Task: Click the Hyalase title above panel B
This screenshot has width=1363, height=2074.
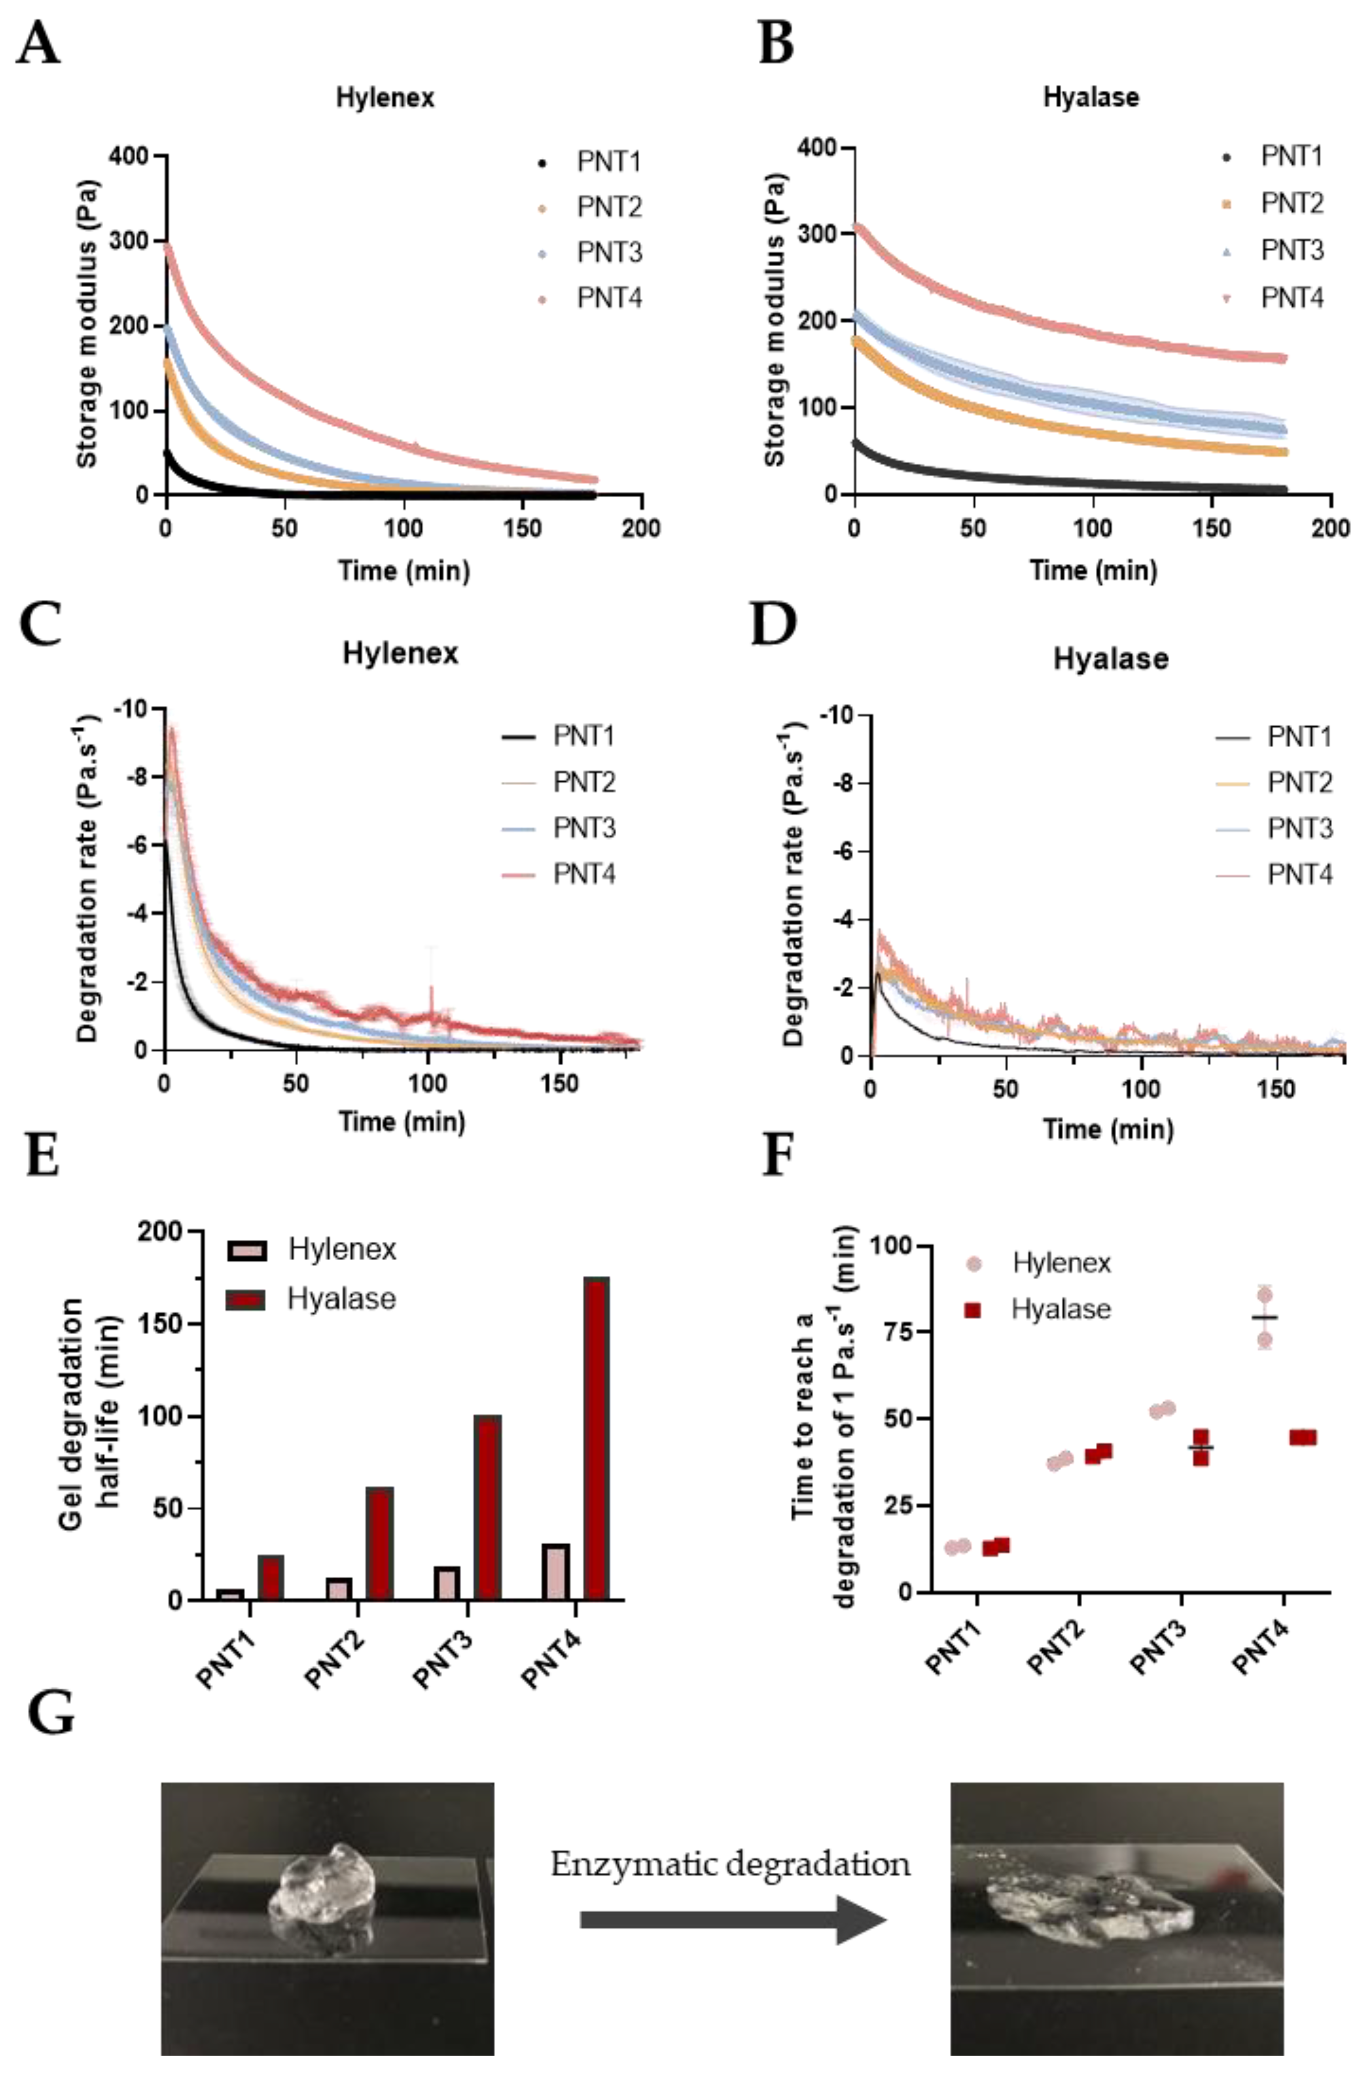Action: (1090, 97)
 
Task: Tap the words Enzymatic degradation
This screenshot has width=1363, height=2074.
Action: (730, 1864)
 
